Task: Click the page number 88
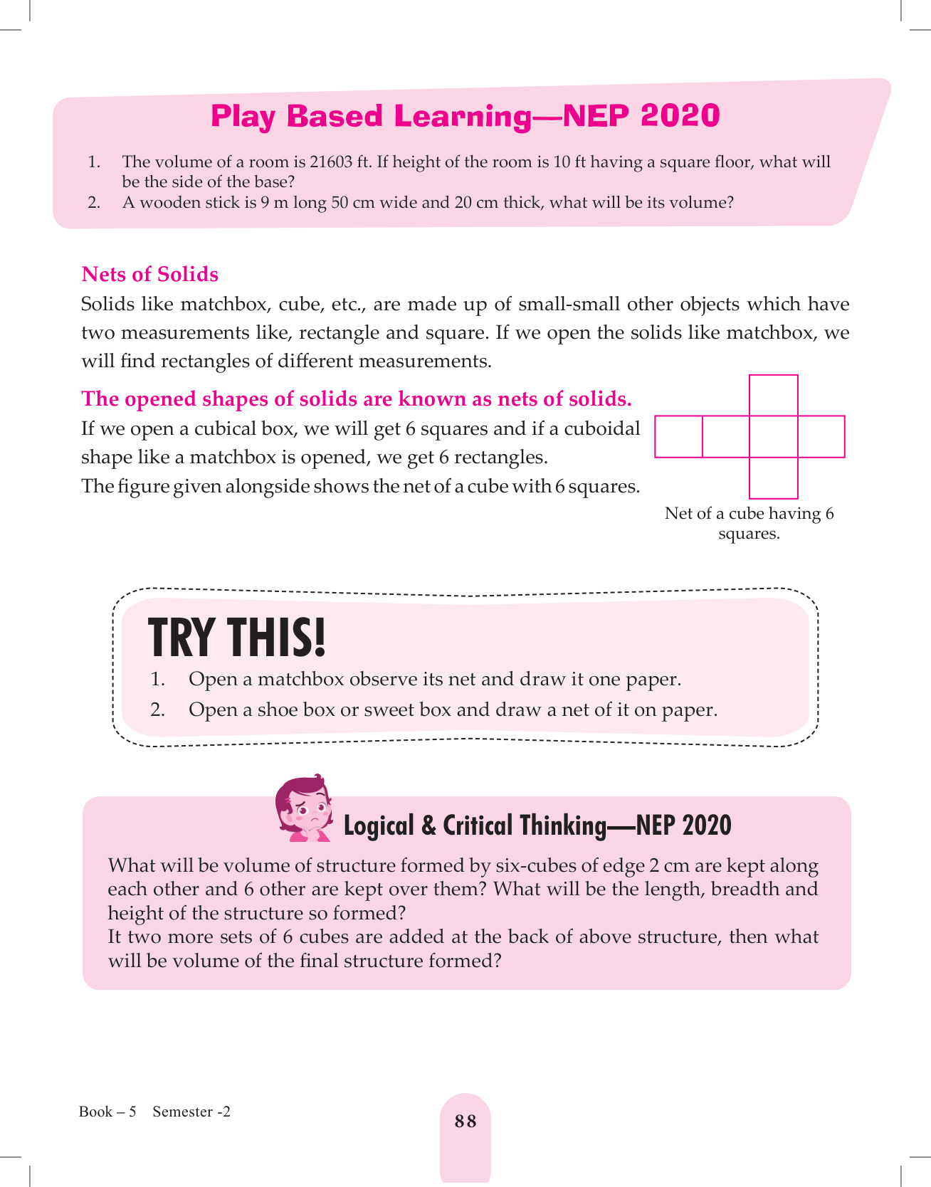coord(466,1122)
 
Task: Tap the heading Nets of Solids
coord(150,275)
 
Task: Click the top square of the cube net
coord(774,395)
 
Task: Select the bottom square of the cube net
coord(774,478)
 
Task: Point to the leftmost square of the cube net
coord(678,436)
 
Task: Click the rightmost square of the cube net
coord(821,436)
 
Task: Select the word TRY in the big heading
coord(181,638)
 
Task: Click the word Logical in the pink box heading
coord(379,825)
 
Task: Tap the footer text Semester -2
coord(191,1112)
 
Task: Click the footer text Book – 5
coord(107,1112)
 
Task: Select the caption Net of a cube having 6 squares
coord(749,523)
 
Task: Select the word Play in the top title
coord(243,116)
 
